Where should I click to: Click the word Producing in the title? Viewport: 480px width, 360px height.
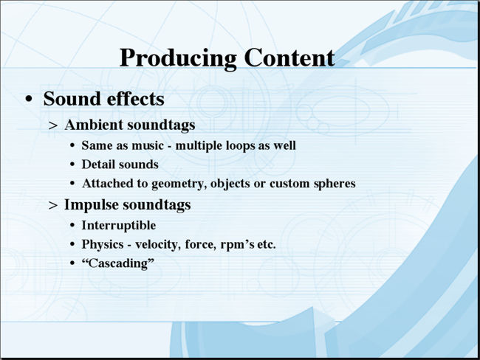click(x=178, y=58)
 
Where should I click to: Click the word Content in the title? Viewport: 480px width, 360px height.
click(x=289, y=58)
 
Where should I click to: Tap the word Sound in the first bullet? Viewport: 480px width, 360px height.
click(x=72, y=99)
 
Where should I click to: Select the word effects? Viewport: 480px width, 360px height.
click(x=136, y=99)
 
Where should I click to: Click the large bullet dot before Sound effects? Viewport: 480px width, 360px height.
click(x=29, y=99)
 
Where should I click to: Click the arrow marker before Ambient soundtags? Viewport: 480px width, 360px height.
click(x=53, y=125)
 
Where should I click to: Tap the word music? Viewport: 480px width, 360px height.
click(x=148, y=145)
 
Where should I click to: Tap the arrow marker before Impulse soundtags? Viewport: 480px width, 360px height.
click(x=53, y=206)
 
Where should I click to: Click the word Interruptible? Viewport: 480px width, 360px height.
click(x=119, y=226)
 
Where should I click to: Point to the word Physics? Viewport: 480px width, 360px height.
click(x=103, y=244)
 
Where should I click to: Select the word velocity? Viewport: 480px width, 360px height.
click(x=157, y=245)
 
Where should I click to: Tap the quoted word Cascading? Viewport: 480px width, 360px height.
click(x=118, y=263)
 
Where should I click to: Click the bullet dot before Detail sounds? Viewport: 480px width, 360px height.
click(x=72, y=165)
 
